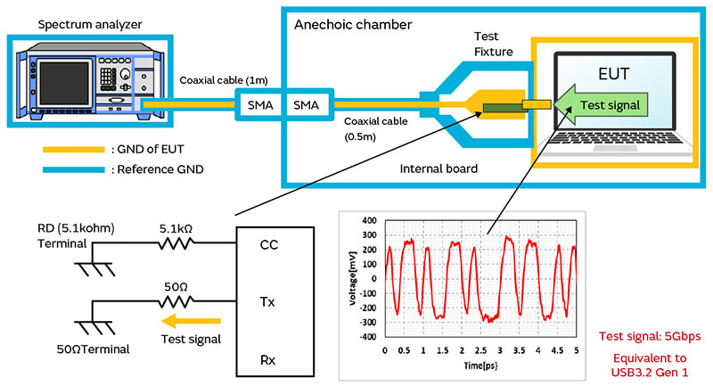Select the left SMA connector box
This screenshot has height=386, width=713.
click(x=259, y=106)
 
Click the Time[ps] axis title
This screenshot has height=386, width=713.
click(x=479, y=365)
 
